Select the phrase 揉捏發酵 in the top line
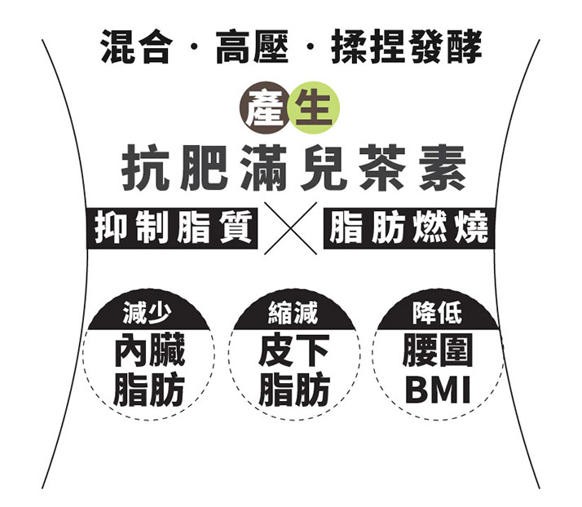tap(406, 47)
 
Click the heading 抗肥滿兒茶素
tap(290, 169)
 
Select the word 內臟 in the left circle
tap(148, 351)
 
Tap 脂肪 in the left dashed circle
tap(148, 390)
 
